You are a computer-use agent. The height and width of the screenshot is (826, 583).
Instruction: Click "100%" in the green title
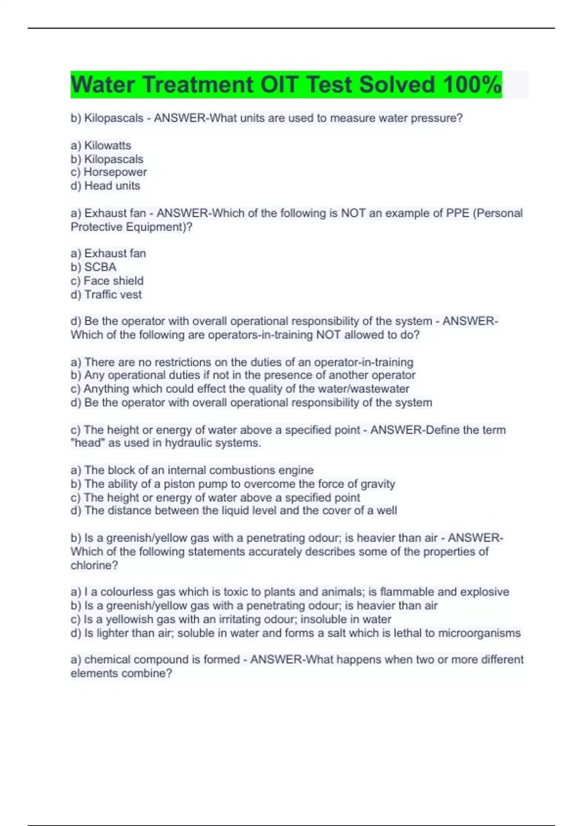coord(472,85)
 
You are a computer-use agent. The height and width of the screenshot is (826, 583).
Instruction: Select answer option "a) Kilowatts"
coord(101,145)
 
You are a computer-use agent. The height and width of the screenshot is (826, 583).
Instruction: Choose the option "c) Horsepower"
coord(109,172)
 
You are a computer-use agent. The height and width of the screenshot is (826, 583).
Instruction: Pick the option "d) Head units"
coord(105,186)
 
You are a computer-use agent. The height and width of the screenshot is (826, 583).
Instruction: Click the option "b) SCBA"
coord(94,267)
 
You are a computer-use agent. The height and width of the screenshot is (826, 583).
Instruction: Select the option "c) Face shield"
coord(107,281)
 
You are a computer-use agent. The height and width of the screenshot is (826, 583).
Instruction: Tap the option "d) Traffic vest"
coord(106,294)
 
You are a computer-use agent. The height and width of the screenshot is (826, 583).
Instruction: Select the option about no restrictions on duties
coord(242,362)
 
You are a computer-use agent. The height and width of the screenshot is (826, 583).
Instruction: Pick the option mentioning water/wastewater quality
coord(240,389)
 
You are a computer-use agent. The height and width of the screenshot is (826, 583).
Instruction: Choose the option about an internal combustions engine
coord(192,470)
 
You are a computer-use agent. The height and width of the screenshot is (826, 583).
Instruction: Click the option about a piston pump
coord(233,483)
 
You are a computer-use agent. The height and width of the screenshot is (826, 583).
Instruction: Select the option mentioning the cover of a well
coord(234,510)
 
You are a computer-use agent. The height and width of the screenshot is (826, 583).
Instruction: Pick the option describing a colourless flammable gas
coord(290,592)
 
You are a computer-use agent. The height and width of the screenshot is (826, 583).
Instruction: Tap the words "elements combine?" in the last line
coord(121,673)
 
